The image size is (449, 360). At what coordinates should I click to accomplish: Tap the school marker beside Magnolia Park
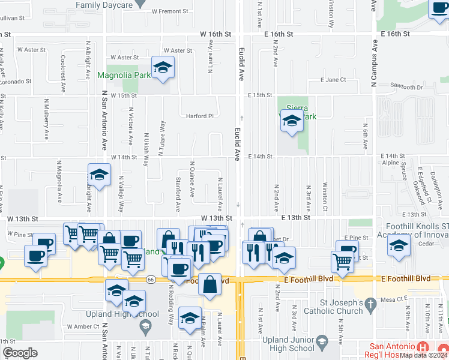click(162, 69)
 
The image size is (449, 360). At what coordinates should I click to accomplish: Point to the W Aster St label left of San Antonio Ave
click(32, 50)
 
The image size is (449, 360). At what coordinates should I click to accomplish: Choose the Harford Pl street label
click(199, 116)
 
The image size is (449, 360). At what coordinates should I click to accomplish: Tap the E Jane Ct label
click(333, 80)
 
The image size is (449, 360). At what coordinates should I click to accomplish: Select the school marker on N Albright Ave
click(99, 176)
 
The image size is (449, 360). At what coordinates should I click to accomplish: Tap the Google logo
click(20, 353)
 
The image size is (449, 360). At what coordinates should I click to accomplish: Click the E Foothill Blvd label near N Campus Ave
click(406, 279)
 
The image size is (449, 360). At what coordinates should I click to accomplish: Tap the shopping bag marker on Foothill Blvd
click(210, 286)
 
